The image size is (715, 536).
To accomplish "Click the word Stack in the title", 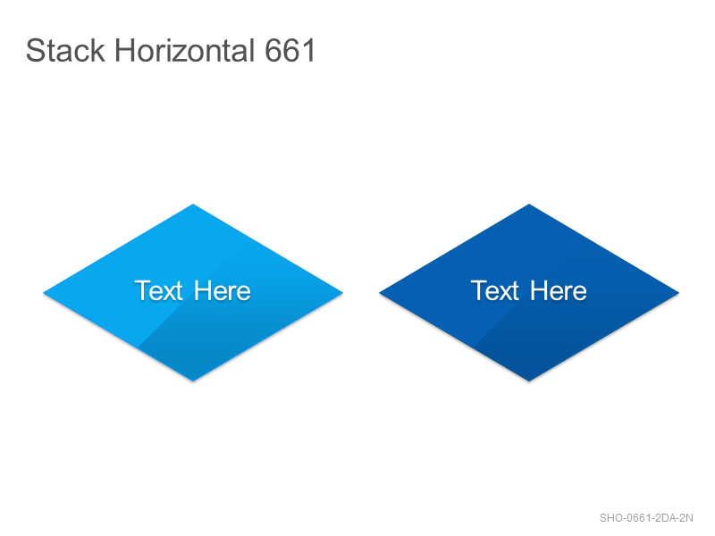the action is pos(65,50).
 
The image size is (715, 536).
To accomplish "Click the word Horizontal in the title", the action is pos(185,50).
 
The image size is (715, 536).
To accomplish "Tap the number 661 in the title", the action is pos(290,50).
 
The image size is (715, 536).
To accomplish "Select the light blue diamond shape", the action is pos(193,293).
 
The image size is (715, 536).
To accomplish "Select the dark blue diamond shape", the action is pos(529,293).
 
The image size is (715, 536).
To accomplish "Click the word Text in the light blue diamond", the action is pos(159,291).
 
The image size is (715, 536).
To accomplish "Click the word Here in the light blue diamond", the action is pos(222,291).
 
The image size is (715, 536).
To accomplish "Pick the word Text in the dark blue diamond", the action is pos(495,291).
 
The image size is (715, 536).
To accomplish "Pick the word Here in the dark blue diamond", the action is pos(558,291).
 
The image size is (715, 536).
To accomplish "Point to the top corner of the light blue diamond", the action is pos(193,205).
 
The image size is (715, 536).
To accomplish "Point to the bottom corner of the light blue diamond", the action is pos(193,381).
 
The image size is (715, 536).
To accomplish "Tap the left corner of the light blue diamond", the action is pos(44,293).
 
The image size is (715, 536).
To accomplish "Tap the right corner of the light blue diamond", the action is pos(342,293).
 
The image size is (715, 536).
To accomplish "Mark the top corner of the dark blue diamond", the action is pos(529,205).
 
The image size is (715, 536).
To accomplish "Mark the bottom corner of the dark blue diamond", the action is pos(529,381).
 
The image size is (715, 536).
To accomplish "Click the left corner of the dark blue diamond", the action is pos(380,293).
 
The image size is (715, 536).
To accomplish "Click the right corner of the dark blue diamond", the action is pos(678,293).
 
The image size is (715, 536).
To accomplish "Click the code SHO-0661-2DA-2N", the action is pos(646,518).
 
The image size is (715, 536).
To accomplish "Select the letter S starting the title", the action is pos(35,50).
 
